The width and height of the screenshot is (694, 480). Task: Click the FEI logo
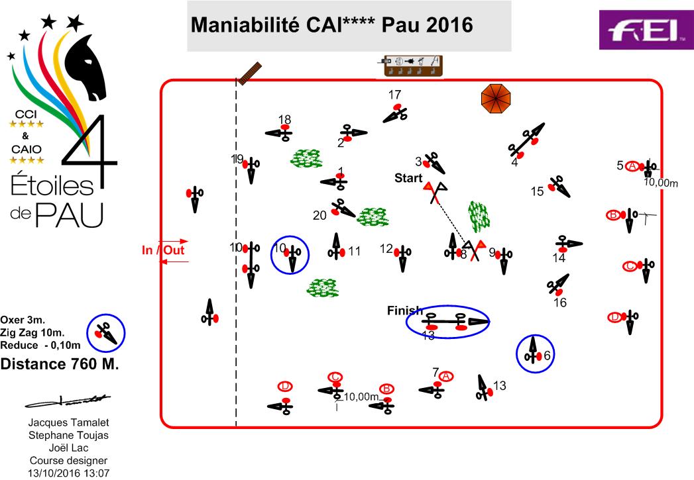pos(646,30)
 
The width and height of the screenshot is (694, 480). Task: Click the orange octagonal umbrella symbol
pos(497,99)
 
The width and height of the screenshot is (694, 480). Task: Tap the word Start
pos(408,177)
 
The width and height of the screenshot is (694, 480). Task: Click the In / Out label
pos(163,250)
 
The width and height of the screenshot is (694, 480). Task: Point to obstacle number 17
pos(396,113)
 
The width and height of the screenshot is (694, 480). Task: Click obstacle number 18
pos(280,133)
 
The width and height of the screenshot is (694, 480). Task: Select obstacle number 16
pos(557,285)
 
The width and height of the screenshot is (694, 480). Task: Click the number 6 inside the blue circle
pos(547,356)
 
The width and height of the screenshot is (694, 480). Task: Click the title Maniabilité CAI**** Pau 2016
pos(331,24)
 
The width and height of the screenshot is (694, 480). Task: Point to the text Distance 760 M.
pos(60,363)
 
